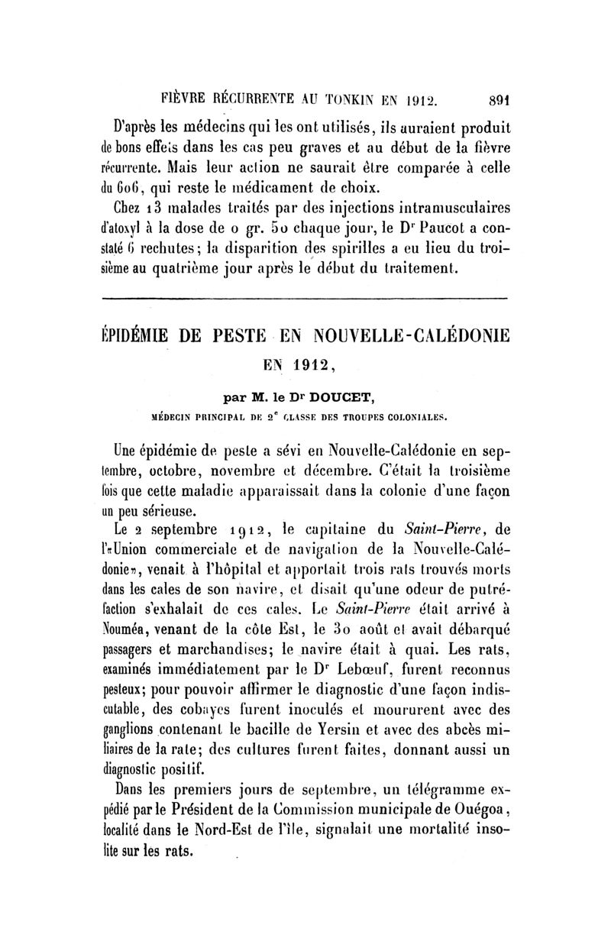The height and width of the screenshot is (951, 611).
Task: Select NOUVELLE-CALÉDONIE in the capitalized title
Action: coord(422,336)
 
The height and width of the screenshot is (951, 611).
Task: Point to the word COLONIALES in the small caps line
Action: coord(416,417)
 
